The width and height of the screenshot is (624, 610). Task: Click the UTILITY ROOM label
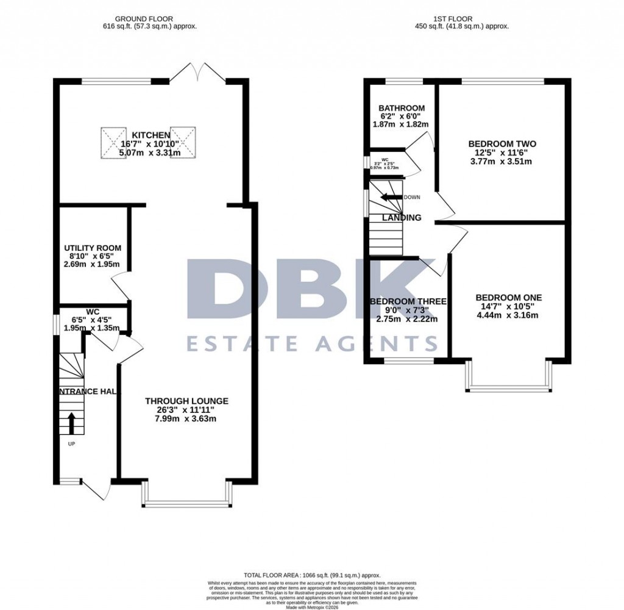(x=93, y=248)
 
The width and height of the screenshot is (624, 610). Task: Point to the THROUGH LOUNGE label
(x=186, y=401)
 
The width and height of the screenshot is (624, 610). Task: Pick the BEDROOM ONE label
(x=508, y=298)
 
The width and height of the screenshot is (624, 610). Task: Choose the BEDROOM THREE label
(x=408, y=301)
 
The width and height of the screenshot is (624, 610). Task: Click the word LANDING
(x=402, y=218)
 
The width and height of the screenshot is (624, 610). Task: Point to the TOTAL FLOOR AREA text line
(x=311, y=575)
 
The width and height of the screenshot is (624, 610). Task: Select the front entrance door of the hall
(x=96, y=488)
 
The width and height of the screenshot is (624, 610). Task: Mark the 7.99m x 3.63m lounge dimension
(x=186, y=418)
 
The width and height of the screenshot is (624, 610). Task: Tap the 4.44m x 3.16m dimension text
(x=508, y=315)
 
